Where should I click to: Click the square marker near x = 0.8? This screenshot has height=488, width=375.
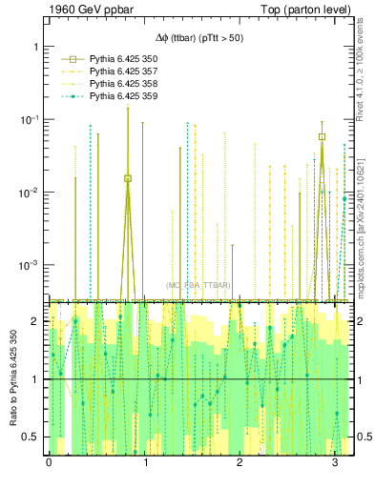[x=128, y=178]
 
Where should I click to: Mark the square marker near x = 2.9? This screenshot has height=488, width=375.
[x=323, y=136]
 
